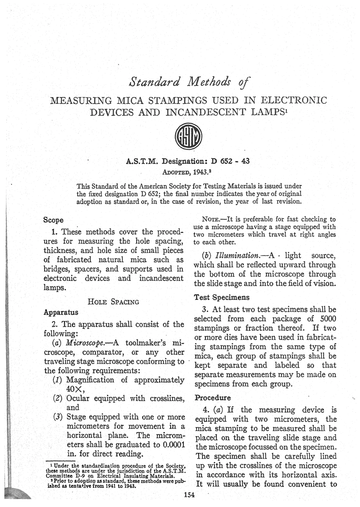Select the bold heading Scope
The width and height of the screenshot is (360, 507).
[53, 220]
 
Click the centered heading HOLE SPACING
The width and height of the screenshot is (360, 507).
[113, 302]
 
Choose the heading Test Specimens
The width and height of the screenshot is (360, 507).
[218, 297]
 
